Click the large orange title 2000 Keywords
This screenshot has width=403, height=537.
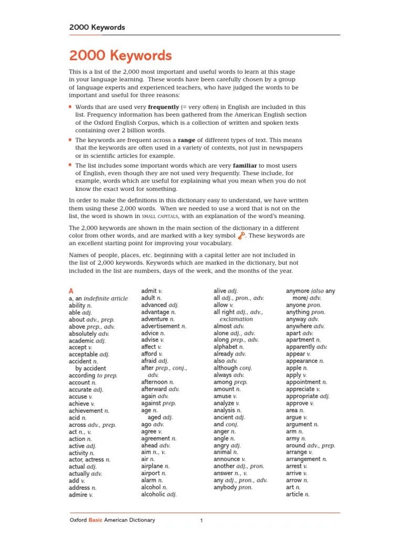point(120,56)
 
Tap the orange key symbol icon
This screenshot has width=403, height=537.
point(241,236)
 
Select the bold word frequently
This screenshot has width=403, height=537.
point(164,106)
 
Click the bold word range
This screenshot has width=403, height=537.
point(186,141)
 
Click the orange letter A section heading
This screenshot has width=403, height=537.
point(71,291)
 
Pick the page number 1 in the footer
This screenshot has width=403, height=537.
point(201,521)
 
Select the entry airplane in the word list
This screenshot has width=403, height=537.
point(152,466)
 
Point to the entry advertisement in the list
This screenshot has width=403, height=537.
point(161,326)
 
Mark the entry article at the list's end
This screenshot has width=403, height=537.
point(295,494)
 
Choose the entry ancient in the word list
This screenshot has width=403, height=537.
point(224,417)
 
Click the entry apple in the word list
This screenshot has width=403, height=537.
point(294,368)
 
